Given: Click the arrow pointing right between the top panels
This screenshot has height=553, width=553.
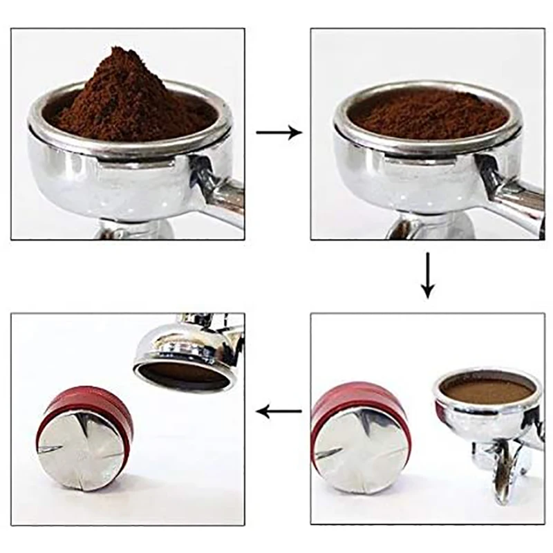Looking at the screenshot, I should (279, 132).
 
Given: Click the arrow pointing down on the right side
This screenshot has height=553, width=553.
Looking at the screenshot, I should (428, 274).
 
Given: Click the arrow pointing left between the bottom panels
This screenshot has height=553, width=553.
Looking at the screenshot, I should (279, 412).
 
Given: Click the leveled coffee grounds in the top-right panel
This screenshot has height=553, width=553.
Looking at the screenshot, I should (428, 113).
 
